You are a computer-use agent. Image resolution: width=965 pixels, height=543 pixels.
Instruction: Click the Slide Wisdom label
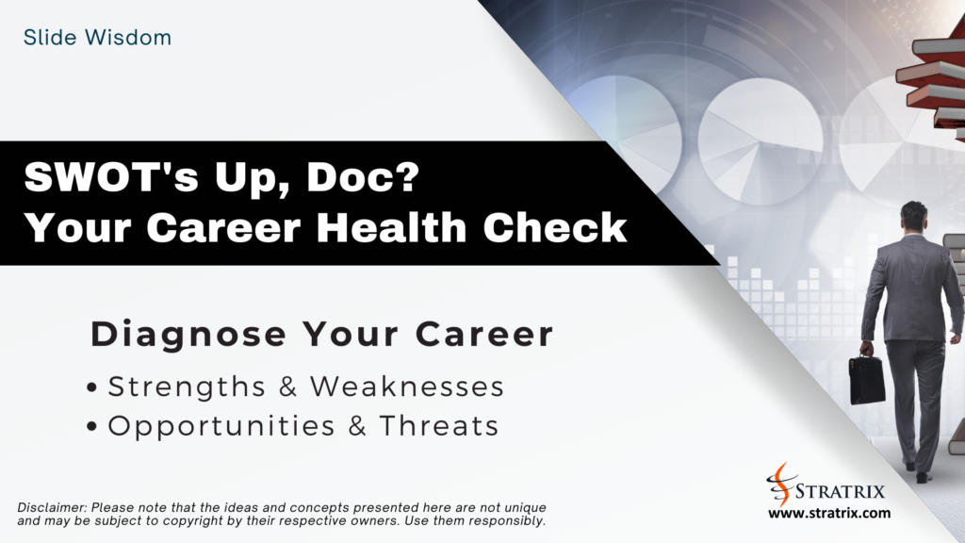pyautogui.click(x=98, y=39)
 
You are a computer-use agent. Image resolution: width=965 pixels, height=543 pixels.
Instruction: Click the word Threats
pyautogui.click(x=439, y=426)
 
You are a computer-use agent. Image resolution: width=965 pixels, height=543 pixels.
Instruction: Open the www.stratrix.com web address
pyautogui.click(x=828, y=514)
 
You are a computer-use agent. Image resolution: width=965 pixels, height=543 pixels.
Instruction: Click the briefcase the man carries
pyautogui.click(x=866, y=378)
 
